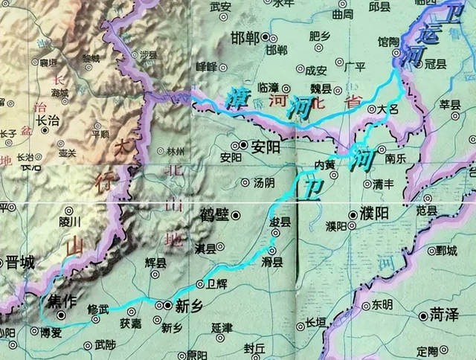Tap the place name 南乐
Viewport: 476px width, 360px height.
pyautogui.click(x=395, y=158)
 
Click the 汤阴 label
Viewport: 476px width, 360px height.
pyautogui.click(x=264, y=182)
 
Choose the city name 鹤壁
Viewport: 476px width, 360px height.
pyautogui.click(x=213, y=215)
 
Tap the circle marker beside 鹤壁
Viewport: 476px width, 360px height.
pyautogui.click(x=236, y=215)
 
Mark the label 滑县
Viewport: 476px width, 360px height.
pyautogui.click(x=272, y=262)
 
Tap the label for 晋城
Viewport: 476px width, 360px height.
pyautogui.click(x=21, y=262)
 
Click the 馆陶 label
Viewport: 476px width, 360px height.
pyautogui.click(x=389, y=42)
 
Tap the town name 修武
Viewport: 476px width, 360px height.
pyautogui.click(x=98, y=309)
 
